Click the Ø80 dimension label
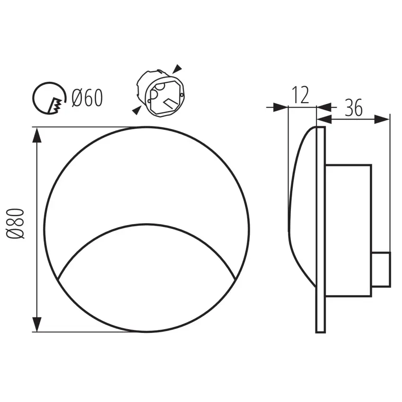coord(15,224)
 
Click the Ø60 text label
coord(87,98)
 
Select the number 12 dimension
coord(300,95)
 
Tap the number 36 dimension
coord(354,107)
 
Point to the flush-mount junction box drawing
coord(160,93)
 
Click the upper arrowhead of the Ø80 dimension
coord(37,135)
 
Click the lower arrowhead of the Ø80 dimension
coord(37,324)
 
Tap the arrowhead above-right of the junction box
coord(177,69)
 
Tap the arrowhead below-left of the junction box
coord(137,111)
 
